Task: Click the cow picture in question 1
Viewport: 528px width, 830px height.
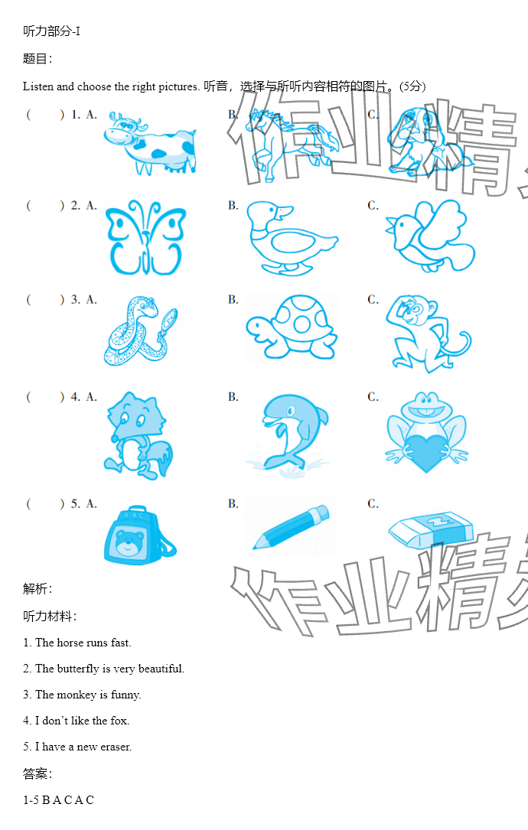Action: click(150, 143)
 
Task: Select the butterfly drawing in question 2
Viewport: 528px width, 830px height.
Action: click(145, 238)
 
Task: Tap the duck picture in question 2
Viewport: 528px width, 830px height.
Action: click(292, 238)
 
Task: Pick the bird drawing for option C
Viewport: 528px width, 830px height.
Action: click(430, 236)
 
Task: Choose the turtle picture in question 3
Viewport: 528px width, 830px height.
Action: click(292, 327)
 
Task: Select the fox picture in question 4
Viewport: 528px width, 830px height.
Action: click(138, 435)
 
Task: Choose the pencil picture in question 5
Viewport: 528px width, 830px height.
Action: click(291, 527)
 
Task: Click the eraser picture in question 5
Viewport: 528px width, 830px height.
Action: click(431, 529)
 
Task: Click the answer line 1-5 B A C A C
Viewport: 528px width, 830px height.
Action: click(58, 800)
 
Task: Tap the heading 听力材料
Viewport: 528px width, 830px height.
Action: click(47, 616)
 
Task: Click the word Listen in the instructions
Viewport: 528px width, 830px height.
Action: click(38, 86)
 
